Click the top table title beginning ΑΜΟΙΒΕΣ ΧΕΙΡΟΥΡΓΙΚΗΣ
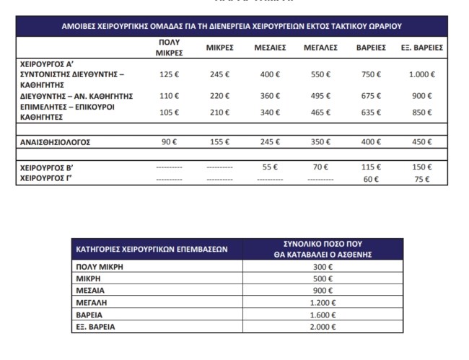click(231, 26)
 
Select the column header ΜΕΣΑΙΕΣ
click(271, 48)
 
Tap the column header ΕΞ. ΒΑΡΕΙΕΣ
click(421, 48)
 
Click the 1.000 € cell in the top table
click(421, 74)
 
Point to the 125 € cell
click(169, 74)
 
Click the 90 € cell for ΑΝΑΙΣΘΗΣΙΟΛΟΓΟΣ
click(169, 142)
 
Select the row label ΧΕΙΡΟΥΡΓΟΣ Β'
click(48, 167)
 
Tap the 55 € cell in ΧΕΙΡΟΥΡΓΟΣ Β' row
click(271, 167)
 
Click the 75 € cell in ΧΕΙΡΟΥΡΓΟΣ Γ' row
click(421, 180)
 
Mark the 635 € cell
click(370, 112)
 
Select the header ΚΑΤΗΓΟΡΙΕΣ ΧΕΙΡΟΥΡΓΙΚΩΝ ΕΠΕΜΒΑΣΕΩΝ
click(152, 249)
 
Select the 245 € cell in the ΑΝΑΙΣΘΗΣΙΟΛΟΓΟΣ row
click(271, 142)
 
